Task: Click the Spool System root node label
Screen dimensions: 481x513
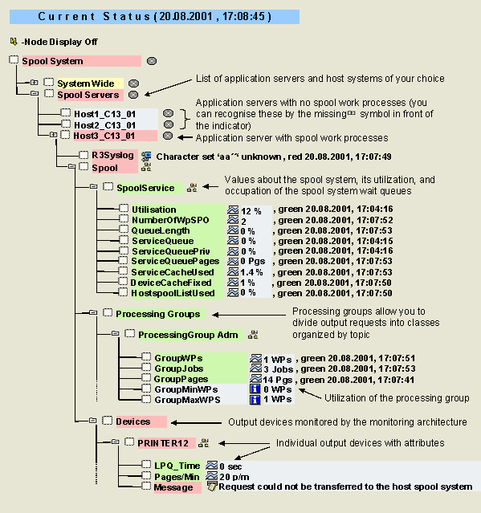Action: coord(52,61)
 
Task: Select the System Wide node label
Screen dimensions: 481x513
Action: coord(86,83)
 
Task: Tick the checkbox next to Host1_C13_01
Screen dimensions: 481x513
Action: coord(66,113)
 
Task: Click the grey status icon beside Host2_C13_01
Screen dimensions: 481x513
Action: coord(168,124)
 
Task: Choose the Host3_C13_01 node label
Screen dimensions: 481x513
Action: coord(104,136)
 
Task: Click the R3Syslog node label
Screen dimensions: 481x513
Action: coord(113,155)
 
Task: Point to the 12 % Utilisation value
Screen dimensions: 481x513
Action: coord(251,211)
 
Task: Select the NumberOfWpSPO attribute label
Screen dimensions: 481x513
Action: coord(170,220)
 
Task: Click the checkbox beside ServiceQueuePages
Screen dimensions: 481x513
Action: coord(124,261)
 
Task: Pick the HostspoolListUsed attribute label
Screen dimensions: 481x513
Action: coord(173,293)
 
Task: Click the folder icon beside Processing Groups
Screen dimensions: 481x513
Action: coord(93,313)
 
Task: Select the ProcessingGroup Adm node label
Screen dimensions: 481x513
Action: coord(188,335)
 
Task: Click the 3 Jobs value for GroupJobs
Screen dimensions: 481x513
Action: coord(279,370)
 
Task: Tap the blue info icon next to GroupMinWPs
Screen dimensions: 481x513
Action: coord(255,389)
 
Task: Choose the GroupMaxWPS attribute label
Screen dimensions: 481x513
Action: coord(187,400)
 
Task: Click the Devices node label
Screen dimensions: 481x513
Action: coord(133,421)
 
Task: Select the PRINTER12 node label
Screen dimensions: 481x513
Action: coord(163,443)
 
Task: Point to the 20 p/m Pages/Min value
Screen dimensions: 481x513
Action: coord(234,477)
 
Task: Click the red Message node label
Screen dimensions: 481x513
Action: coord(173,487)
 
